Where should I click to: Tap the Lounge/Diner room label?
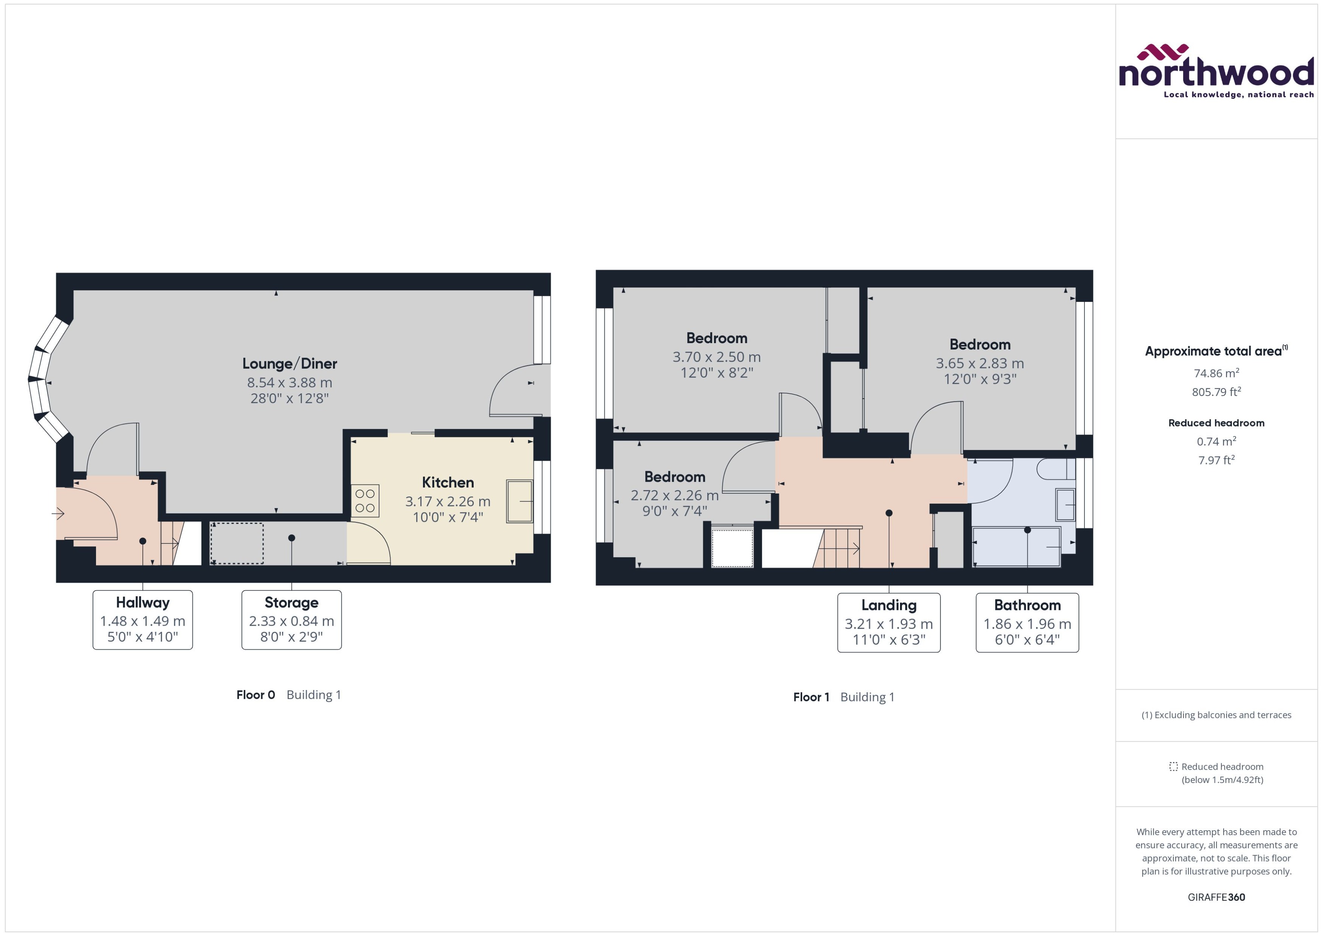(x=290, y=364)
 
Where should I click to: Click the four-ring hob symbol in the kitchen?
(x=365, y=500)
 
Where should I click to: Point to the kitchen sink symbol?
(x=519, y=501)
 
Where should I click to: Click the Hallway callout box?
(x=143, y=620)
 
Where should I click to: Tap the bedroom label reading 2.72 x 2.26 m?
(x=674, y=495)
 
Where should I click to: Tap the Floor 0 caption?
(x=256, y=695)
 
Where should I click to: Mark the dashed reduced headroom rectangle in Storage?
(x=237, y=543)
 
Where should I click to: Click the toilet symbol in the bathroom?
(x=1055, y=469)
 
